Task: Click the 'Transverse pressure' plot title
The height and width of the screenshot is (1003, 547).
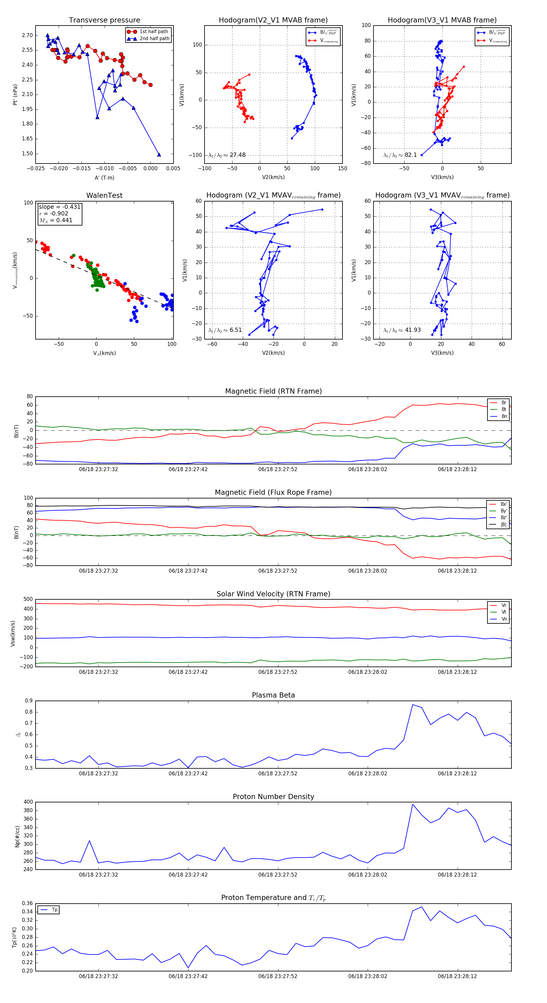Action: click(x=104, y=20)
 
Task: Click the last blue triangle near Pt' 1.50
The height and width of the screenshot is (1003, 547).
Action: click(x=159, y=155)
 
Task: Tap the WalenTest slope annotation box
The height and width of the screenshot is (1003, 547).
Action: click(x=60, y=213)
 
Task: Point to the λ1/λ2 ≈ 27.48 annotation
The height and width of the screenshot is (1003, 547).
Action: click(x=227, y=155)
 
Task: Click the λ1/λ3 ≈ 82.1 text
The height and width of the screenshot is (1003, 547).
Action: click(x=400, y=155)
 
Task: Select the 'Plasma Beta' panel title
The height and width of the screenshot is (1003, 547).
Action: click(x=273, y=695)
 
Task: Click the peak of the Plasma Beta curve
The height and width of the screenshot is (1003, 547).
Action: click(x=413, y=704)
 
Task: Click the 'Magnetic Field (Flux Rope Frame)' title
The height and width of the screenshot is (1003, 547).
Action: click(x=273, y=493)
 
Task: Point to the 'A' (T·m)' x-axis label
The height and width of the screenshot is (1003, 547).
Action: click(x=104, y=178)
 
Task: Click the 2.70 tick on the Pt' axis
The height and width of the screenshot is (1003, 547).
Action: click(x=27, y=36)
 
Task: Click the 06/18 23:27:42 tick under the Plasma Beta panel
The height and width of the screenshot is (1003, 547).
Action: click(x=188, y=773)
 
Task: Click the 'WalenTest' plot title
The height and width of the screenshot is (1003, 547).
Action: click(x=104, y=195)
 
